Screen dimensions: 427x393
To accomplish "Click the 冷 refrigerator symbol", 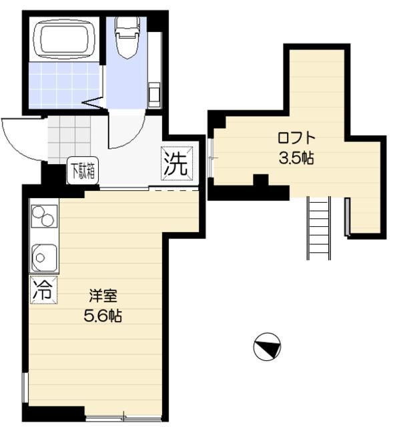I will pyautogui.click(x=43, y=289).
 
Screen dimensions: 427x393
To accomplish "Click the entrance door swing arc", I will pyautogui.click(x=20, y=137).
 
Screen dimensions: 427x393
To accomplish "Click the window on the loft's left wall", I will pyautogui.click(x=211, y=157).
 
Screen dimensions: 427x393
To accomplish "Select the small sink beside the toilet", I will pyautogui.click(x=154, y=93).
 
